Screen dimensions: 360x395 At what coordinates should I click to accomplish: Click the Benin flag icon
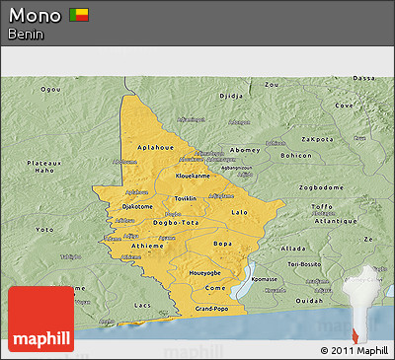[x=79, y=15]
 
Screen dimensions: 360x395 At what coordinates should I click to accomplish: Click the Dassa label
[x=364, y=78]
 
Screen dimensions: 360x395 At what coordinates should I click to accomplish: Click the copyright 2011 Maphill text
[x=355, y=350]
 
